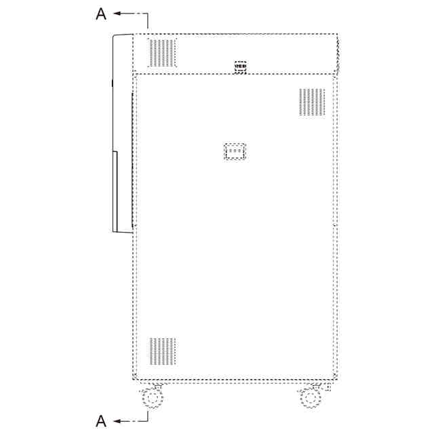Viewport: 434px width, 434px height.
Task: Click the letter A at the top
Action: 101,14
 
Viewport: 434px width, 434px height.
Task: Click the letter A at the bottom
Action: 101,421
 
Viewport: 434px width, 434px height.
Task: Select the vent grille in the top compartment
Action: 162,53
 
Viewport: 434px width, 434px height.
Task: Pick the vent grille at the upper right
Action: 312,102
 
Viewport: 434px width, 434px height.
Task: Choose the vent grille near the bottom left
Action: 163,351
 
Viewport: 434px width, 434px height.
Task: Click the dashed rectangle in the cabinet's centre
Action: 235,151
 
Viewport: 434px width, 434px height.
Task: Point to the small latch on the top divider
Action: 240,66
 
